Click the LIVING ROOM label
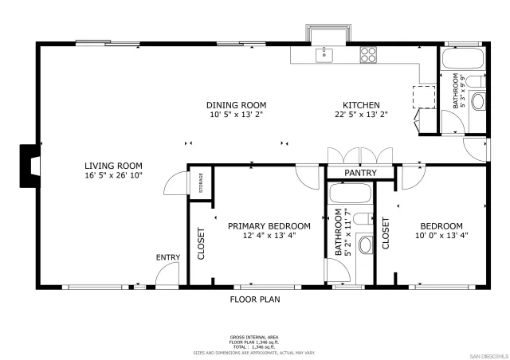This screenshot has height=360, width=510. click(x=112, y=166)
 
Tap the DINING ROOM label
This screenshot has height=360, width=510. click(x=236, y=105)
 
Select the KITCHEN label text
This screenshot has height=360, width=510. click(x=360, y=105)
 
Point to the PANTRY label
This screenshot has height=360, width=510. click(x=360, y=173)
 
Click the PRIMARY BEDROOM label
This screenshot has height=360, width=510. click(x=261, y=226)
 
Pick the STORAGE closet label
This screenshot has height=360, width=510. click(x=201, y=183)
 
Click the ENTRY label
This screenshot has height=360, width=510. click(x=167, y=257)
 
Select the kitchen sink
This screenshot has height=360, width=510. click(x=324, y=54)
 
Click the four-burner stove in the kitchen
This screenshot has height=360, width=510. click(x=368, y=54)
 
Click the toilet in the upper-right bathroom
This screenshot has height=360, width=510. click(x=477, y=101)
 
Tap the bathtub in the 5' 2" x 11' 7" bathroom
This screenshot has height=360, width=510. click(x=349, y=196)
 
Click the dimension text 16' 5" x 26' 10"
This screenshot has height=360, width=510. click(x=112, y=174)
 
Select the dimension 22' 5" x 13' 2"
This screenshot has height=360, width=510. click(x=360, y=115)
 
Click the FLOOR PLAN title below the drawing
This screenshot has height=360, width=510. click(x=254, y=299)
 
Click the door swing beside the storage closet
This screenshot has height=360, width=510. click(x=174, y=185)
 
